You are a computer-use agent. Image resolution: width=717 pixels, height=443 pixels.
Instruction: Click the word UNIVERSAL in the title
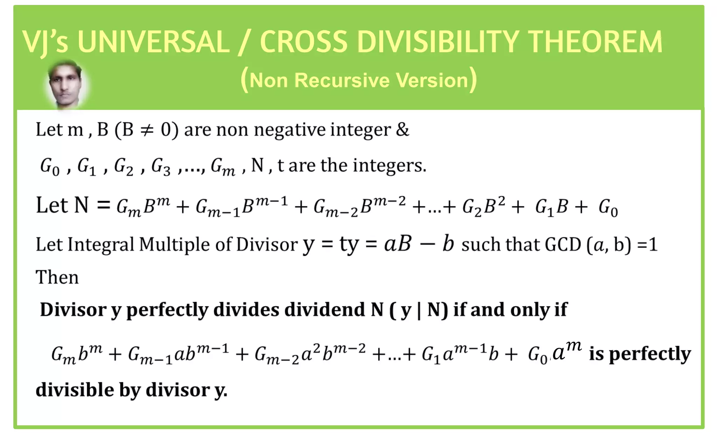tap(153, 42)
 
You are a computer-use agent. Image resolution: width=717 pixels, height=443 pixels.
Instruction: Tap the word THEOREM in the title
tap(595, 42)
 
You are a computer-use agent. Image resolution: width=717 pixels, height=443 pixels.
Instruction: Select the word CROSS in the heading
tap(303, 42)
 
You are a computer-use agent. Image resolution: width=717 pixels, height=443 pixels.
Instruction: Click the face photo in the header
tap(66, 84)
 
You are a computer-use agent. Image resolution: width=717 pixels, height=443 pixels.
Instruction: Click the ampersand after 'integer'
tap(402, 130)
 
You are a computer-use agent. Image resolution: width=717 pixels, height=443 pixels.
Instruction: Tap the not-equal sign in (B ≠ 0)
tap(147, 130)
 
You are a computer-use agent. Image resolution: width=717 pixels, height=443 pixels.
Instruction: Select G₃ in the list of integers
tap(161, 166)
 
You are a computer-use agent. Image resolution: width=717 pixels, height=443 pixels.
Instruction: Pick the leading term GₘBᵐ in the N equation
tap(143, 207)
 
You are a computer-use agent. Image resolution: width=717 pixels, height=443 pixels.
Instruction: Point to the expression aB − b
tap(419, 244)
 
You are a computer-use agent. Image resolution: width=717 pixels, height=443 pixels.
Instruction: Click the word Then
tap(57, 278)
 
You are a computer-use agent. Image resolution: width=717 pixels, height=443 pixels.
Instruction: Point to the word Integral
tap(101, 245)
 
